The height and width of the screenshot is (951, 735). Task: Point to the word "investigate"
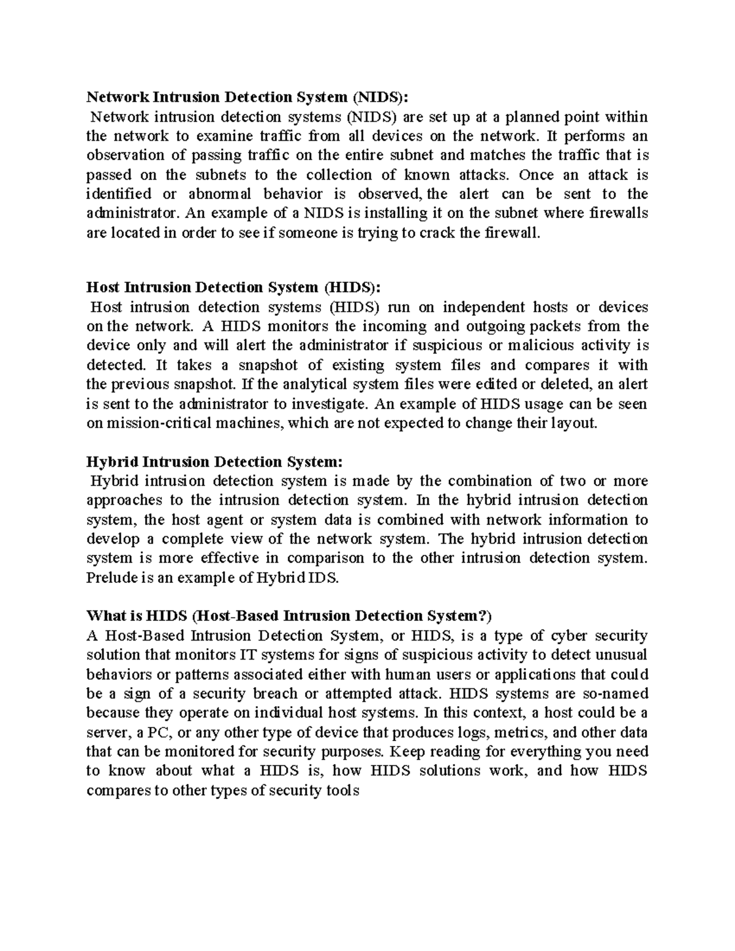(x=330, y=404)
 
